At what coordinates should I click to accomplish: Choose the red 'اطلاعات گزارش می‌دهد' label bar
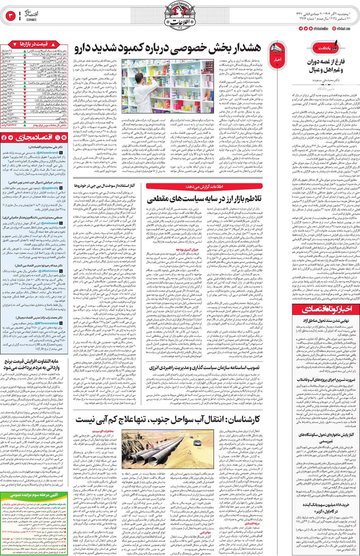tap(204, 186)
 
